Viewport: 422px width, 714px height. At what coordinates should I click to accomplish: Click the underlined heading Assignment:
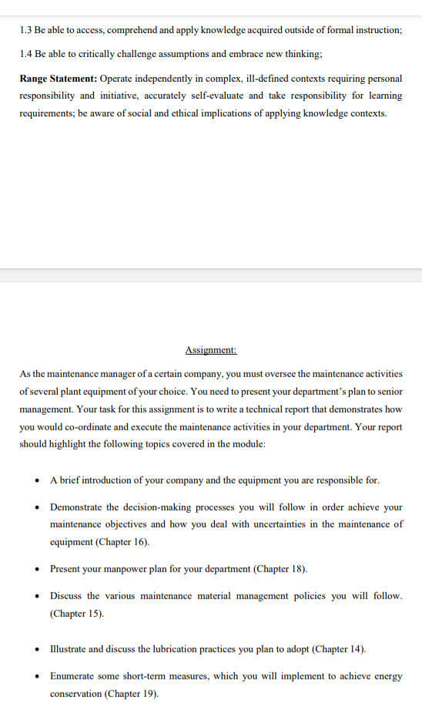coord(210,350)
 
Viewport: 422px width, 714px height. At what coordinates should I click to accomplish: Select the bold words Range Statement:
coord(58,79)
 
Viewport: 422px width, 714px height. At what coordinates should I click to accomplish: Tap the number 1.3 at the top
coord(27,30)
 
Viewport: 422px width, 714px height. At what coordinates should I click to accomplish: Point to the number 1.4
coord(27,55)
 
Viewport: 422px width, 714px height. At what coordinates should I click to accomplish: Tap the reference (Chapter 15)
coord(76,614)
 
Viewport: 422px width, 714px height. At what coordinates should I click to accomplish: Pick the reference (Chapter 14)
coord(339,648)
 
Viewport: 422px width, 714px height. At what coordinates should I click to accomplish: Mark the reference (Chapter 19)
coord(132,693)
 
